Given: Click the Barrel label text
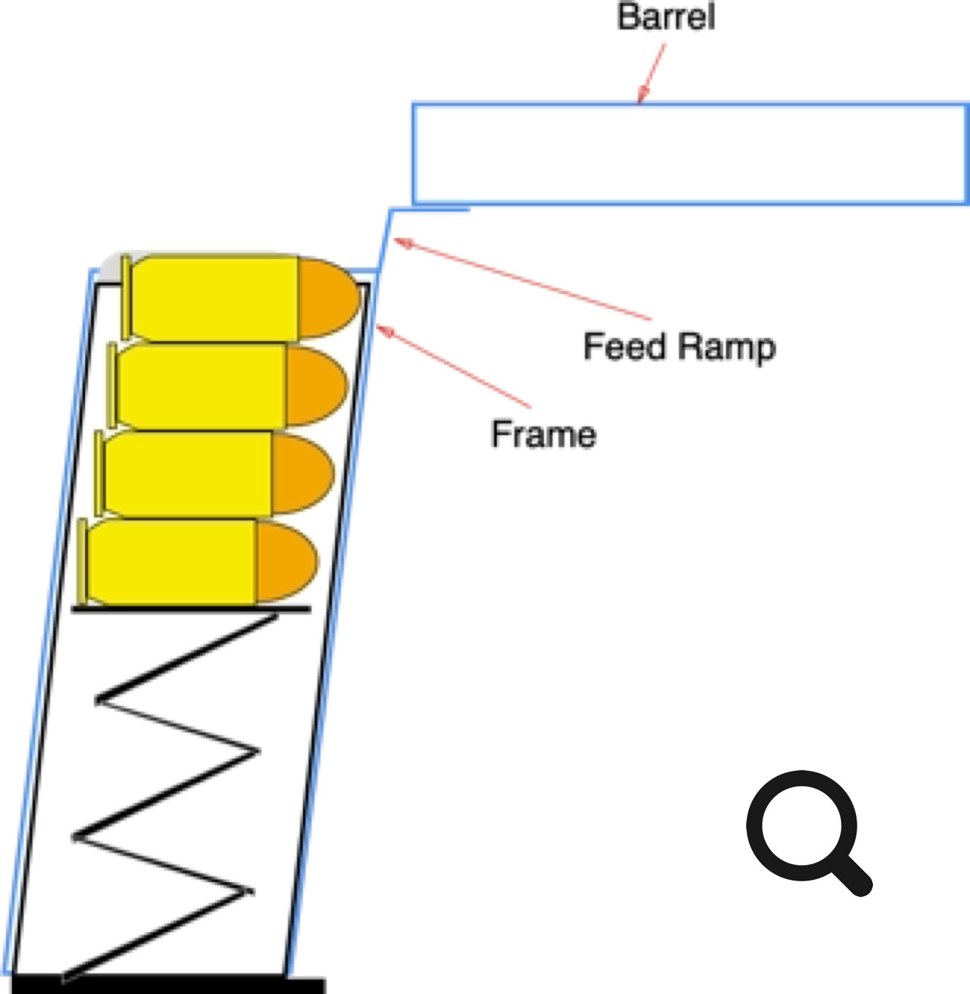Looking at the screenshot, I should [666, 16].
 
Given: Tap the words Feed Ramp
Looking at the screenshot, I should [679, 347].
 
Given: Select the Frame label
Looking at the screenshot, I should [543, 434].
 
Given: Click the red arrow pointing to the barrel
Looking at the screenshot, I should [651, 73].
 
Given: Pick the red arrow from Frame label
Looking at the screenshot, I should [455, 367].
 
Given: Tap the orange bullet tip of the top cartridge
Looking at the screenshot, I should [328, 297].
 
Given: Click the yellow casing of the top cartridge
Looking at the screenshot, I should [216, 297].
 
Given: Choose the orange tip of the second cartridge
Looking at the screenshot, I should [315, 384].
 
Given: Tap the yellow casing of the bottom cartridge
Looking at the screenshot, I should [172, 562].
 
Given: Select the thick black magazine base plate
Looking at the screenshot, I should [169, 985].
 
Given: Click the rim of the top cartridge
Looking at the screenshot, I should [126, 297].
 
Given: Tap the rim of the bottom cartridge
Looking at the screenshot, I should [82, 562].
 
